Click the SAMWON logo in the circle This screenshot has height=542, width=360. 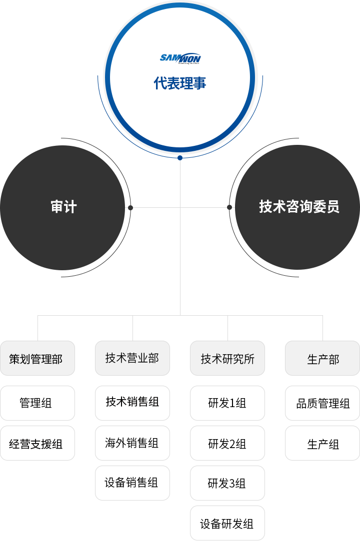tap(180, 58)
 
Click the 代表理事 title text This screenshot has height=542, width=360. tap(180, 83)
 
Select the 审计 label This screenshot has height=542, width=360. tap(64, 207)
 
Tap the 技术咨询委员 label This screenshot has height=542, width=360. tap(299, 207)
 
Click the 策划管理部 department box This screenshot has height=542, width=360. tap(37, 359)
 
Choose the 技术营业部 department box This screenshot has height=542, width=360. tap(132, 358)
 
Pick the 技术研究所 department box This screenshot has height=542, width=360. tap(227, 359)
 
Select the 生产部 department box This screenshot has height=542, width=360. tap(322, 359)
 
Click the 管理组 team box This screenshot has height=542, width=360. tap(37, 403)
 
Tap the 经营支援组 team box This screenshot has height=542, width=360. tap(37, 443)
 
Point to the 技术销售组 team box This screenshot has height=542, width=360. tap(132, 403)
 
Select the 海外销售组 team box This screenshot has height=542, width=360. tap(132, 443)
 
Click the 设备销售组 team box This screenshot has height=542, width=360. tap(132, 483)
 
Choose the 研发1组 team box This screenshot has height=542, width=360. tap(227, 403)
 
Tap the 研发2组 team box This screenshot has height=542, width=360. tap(227, 443)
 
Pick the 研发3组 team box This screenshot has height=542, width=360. tap(227, 483)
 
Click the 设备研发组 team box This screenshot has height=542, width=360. tap(227, 523)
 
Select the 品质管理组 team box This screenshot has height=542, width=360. tap(322, 403)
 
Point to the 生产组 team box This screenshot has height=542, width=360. tap(322, 443)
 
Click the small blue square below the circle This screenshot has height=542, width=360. tap(180, 158)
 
